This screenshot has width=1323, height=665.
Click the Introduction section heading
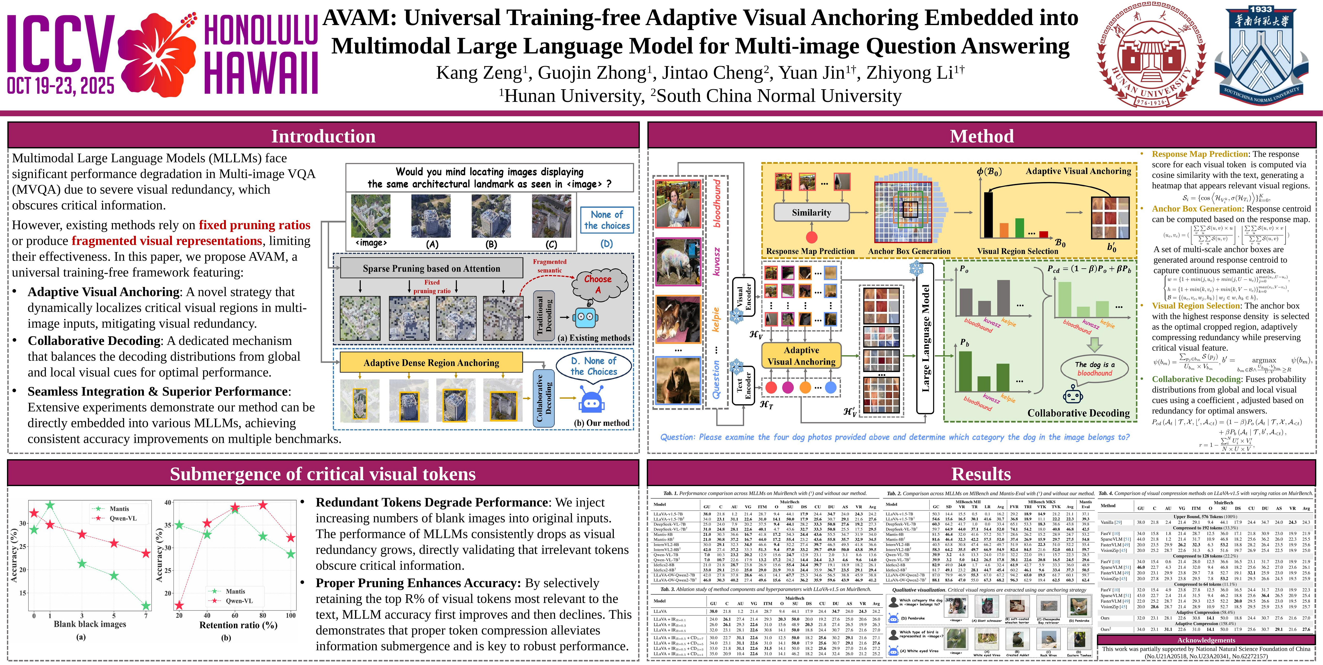pyautogui.click(x=323, y=136)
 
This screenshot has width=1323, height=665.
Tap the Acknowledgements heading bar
pyautogui.click(x=1206, y=640)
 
